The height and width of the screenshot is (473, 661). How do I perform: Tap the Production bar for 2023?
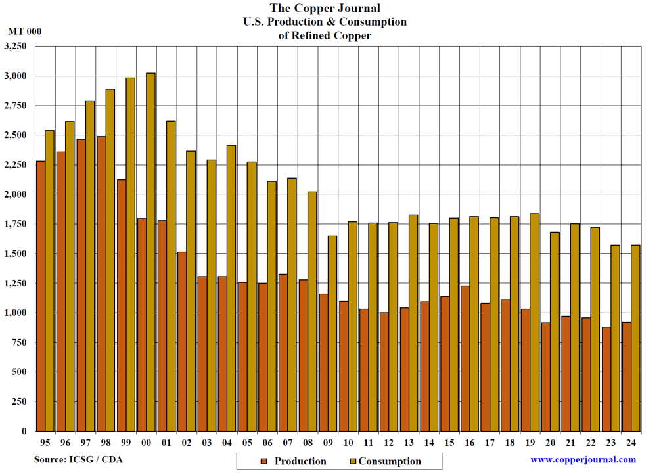point(606,378)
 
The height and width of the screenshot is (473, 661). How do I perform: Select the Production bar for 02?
point(181,341)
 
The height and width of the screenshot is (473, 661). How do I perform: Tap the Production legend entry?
point(293,461)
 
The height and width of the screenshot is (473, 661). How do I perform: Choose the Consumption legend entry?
point(384,461)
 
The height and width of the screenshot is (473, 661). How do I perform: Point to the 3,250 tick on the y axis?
point(15,47)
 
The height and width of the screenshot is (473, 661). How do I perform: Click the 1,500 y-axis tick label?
point(15,254)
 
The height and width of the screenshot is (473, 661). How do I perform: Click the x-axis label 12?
point(388,443)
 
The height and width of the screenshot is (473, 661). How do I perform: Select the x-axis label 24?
point(631,443)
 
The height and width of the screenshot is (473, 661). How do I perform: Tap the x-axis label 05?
point(246,443)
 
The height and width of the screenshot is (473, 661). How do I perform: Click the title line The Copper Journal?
point(325,9)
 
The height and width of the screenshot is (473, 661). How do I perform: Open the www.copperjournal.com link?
point(583,460)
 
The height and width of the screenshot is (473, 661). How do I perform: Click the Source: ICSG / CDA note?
point(78,460)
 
